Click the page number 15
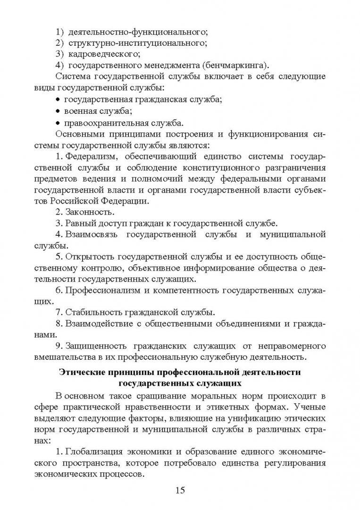[180, 490]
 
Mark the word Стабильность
[93, 312]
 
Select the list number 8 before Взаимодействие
[59, 323]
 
